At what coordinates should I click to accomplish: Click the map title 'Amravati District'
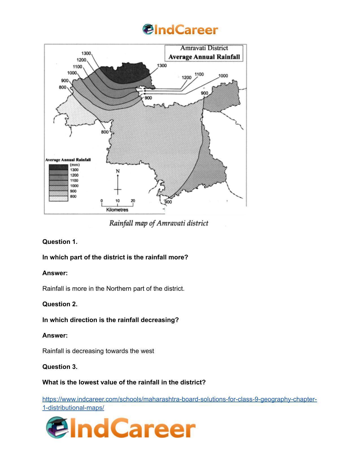[204, 48]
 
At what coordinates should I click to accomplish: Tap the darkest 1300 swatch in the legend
[58, 167]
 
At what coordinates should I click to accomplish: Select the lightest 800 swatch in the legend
[58, 198]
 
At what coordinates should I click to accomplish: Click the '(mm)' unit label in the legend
[75, 165]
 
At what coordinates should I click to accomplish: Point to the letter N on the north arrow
[118, 171]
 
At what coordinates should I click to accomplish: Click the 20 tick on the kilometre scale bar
[133, 201]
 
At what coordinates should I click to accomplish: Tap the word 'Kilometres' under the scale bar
[117, 210]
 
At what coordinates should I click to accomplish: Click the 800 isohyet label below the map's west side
[105, 132]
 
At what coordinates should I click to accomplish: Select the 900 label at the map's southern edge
[168, 202]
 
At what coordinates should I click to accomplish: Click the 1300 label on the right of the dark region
[162, 65]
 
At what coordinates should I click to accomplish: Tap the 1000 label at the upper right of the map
[223, 76]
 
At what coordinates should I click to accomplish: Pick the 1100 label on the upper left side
[77, 67]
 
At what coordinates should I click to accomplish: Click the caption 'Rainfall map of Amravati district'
[159, 223]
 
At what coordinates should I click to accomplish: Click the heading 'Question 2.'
[60, 304]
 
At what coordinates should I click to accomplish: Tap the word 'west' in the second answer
[148, 351]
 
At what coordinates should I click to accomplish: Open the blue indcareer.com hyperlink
[179, 399]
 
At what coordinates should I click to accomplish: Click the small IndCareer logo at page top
[180, 30]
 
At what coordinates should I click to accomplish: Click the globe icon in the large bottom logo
[57, 428]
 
